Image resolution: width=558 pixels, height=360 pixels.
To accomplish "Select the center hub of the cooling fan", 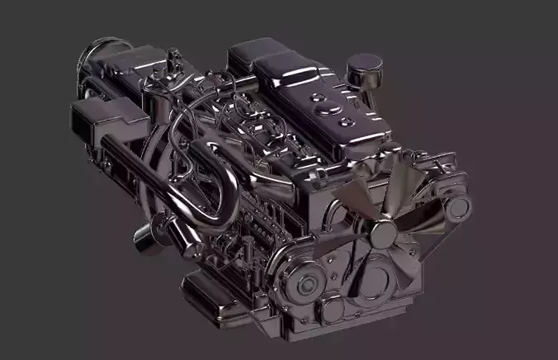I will pyautogui.click(x=385, y=234).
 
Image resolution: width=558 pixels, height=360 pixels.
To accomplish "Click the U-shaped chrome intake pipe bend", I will pyautogui.click(x=206, y=186).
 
